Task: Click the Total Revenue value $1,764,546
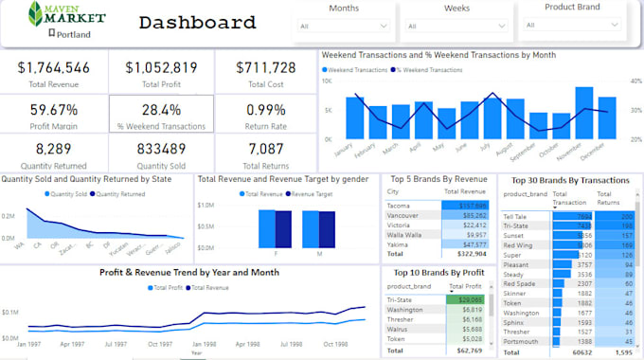pyautogui.click(x=54, y=67)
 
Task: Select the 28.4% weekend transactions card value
pyautogui.click(x=161, y=109)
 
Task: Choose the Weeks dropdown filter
pyautogui.click(x=456, y=27)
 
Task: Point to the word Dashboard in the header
pyautogui.click(x=197, y=23)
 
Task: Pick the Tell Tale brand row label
pyautogui.click(x=517, y=216)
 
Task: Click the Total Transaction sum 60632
pyautogui.click(x=580, y=351)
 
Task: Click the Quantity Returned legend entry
pyautogui.click(x=118, y=193)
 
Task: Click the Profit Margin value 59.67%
pyautogui.click(x=54, y=109)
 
